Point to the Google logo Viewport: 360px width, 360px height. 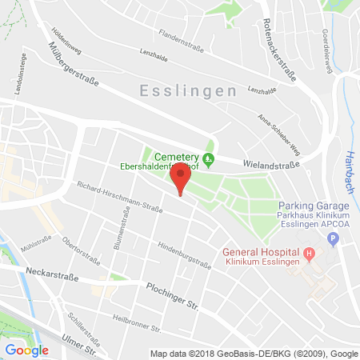point(27,350)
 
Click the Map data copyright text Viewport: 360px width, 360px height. point(254,353)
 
